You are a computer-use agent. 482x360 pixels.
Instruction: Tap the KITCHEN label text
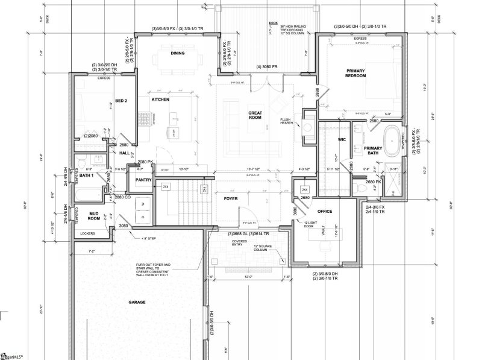pyautogui.click(x=160, y=99)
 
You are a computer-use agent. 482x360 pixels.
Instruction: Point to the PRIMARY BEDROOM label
pyautogui.click(x=356, y=74)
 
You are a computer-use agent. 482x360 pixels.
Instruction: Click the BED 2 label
pyautogui.click(x=120, y=101)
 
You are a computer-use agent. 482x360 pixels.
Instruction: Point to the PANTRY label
pyautogui.click(x=143, y=180)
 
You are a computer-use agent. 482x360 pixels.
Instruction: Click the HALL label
pyautogui.click(x=125, y=153)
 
